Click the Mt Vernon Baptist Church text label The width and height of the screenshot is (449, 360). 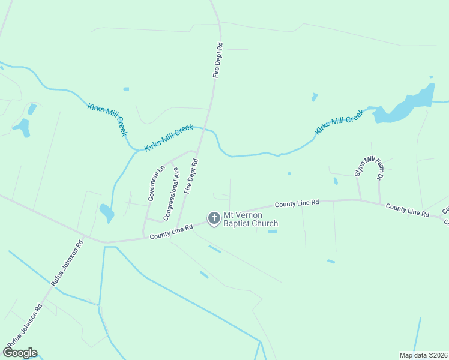[x=250, y=220]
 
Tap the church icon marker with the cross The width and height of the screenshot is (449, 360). [x=214, y=219]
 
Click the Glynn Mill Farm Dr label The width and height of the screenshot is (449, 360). [x=367, y=169]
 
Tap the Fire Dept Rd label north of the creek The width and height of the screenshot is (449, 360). [x=218, y=60]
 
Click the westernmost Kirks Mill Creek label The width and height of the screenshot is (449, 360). [x=107, y=119]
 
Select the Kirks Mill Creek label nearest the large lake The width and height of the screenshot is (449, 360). [x=340, y=122]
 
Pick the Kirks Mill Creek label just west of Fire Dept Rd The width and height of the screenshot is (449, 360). [x=169, y=137]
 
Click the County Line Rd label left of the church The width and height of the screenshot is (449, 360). [x=171, y=232]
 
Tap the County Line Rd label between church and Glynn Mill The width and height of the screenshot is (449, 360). [x=297, y=204]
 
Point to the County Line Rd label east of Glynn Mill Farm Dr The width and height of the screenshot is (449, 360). [x=408, y=211]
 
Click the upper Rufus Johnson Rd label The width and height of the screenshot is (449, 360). [x=68, y=262]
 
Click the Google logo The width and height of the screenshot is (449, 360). [x=20, y=353]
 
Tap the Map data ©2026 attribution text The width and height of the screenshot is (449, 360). [x=423, y=355]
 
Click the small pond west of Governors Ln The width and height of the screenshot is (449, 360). [x=106, y=212]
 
